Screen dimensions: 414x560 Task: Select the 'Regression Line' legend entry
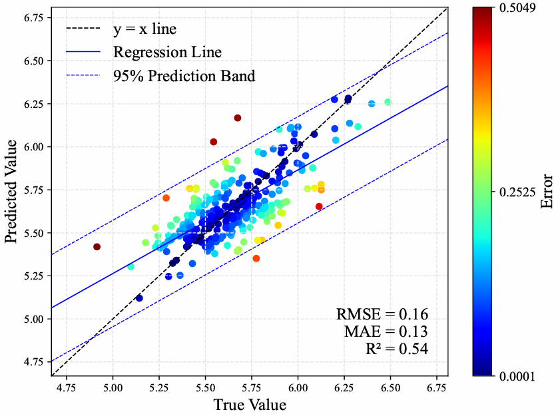(x=167, y=52)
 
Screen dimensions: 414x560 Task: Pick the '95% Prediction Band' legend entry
(x=184, y=75)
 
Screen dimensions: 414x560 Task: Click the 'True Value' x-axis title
(x=250, y=404)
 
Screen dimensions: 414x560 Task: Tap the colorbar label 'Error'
(x=547, y=192)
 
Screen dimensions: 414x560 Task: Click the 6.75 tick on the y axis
(x=31, y=17)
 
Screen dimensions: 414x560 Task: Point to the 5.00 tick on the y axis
(x=31, y=318)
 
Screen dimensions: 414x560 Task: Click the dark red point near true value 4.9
(x=97, y=247)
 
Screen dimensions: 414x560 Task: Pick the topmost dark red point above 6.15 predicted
(x=238, y=118)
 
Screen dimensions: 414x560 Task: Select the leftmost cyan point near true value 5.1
(x=131, y=267)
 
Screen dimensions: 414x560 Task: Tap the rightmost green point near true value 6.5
(x=388, y=102)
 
